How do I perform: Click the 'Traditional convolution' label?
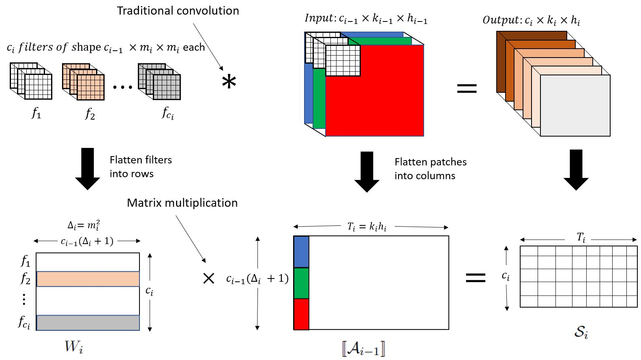tap(178, 11)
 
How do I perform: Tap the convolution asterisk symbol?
tap(229, 82)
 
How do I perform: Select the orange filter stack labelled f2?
tap(84, 81)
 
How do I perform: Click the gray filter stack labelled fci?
tap(159, 81)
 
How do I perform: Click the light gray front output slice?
tap(575, 105)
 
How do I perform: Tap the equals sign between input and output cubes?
tap(467, 88)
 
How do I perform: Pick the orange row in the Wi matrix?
tap(88, 279)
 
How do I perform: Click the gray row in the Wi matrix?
tap(88, 323)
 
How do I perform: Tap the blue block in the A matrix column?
tap(301, 252)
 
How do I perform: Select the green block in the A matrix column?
tap(301, 283)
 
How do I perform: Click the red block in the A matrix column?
tap(301, 314)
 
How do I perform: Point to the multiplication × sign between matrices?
tap(208, 279)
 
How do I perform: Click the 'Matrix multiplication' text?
tap(182, 203)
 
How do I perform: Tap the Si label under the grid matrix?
tap(581, 332)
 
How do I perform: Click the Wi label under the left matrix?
tap(74, 347)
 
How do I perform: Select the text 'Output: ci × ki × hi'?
tap(531, 20)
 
